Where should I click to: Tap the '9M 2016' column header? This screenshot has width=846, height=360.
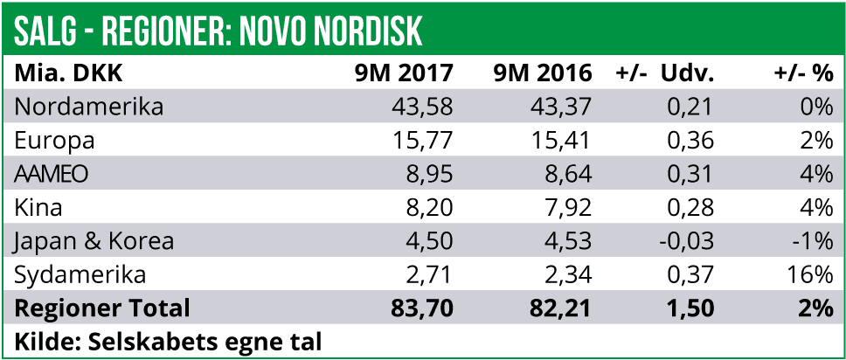pyautogui.click(x=543, y=73)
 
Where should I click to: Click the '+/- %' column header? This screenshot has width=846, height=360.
pyautogui.click(x=803, y=73)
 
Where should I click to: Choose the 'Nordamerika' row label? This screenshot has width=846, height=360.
pyautogui.click(x=90, y=107)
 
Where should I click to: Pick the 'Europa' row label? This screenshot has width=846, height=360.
pyautogui.click(x=55, y=141)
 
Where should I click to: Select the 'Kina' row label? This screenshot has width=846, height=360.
pyautogui.click(x=39, y=208)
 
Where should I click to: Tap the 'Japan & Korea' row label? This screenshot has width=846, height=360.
pyautogui.click(x=95, y=241)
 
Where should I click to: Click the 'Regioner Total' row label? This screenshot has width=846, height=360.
pyautogui.click(x=102, y=308)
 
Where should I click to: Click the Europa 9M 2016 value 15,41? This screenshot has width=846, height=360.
pyautogui.click(x=560, y=141)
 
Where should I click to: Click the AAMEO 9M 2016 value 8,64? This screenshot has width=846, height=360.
pyautogui.click(x=567, y=174)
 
